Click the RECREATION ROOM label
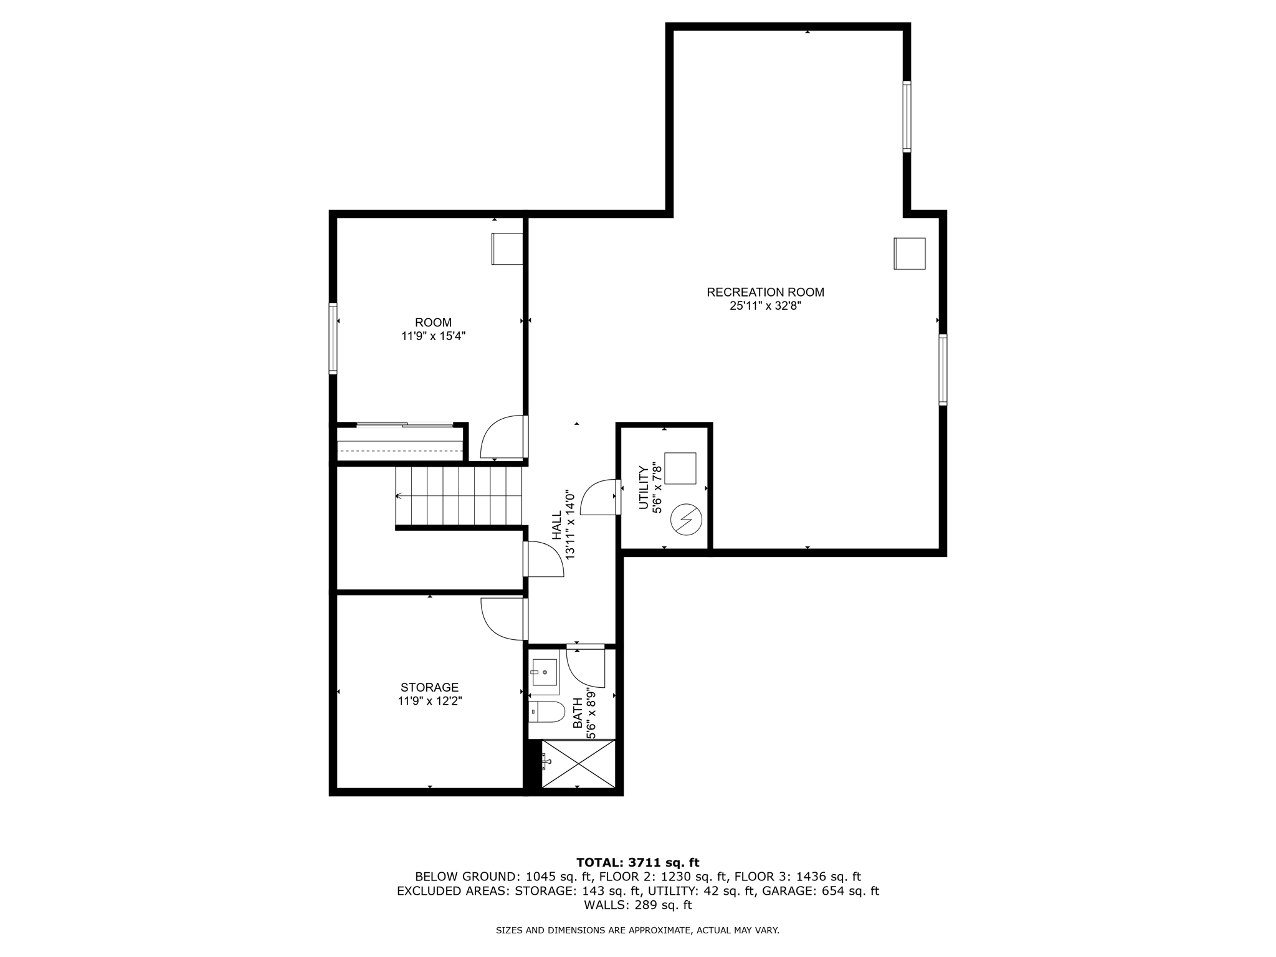765,292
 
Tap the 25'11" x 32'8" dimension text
765,306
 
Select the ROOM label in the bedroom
433,322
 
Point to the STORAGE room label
429,687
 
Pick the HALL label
556,525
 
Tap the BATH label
578,713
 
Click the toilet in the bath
546,712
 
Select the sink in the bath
545,672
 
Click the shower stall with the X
578,764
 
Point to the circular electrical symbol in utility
686,520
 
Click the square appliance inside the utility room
680,468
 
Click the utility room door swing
599,498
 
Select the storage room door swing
502,619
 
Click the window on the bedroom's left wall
333,338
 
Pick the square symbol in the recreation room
909,254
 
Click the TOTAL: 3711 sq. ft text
637,862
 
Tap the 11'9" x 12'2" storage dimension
429,701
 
